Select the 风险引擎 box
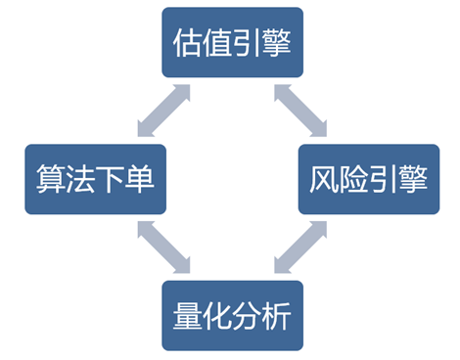369,180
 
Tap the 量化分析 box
232,317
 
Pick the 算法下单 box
94,180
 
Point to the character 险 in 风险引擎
354,181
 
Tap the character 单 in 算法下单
139,181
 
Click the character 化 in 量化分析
217,318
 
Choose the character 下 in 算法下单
110,181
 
